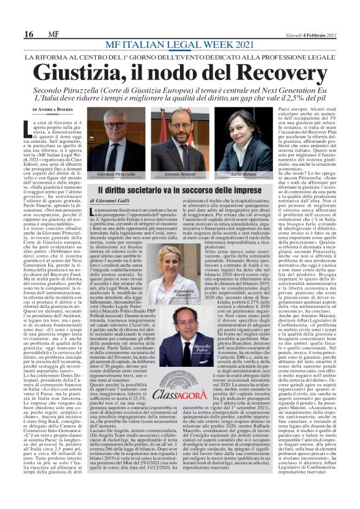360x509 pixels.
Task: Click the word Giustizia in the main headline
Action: [84, 71]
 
